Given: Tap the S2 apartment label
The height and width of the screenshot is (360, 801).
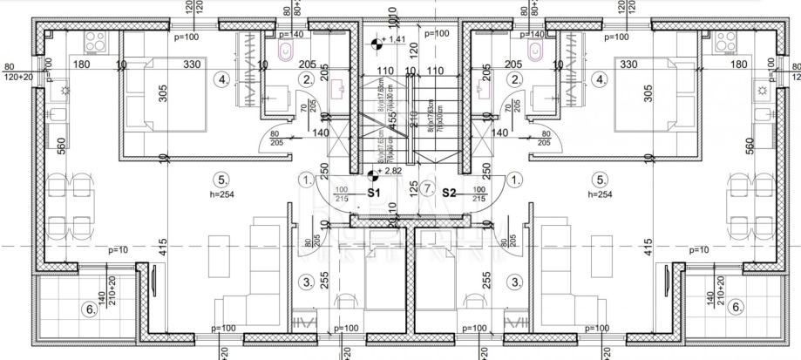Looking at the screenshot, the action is pos(451,191).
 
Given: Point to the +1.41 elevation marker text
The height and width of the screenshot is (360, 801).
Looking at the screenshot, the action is pos(397,39).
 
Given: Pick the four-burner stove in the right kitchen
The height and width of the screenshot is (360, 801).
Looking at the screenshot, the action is pos(726,41).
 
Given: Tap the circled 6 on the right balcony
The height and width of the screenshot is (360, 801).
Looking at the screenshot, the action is pos(737,307).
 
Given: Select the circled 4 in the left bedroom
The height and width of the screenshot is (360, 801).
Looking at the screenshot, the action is pos(224,80).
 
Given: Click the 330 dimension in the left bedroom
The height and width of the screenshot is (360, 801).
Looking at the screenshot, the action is pos(192,64).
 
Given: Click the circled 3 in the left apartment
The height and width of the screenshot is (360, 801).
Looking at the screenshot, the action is pos(305,282).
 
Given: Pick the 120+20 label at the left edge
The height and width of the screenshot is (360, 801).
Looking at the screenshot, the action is pos(17,77).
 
